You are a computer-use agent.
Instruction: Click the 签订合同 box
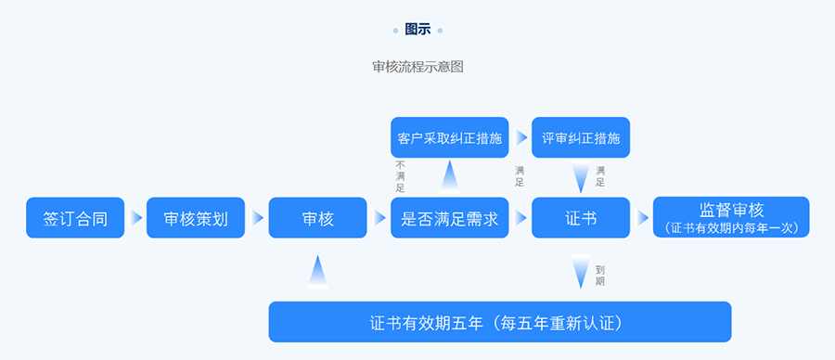[75, 218]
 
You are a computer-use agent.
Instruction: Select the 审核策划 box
[196, 218]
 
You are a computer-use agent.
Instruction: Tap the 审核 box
[317, 218]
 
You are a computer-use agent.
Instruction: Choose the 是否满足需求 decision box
[449, 218]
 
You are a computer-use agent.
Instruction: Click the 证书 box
[581, 218]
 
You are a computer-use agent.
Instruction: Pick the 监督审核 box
[731, 218]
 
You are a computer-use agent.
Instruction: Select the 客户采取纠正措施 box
[449, 137]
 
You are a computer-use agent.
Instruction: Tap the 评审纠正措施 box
[581, 137]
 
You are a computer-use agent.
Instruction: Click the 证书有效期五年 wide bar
[500, 322]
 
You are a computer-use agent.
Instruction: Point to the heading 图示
[417, 30]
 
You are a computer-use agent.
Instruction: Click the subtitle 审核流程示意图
[417, 67]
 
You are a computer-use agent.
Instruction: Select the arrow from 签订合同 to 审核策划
[136, 218]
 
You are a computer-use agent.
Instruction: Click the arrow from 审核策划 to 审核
[257, 218]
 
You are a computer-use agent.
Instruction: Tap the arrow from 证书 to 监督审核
[642, 218]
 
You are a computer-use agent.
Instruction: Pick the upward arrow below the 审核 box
[317, 271]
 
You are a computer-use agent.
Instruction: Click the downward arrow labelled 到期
[581, 271]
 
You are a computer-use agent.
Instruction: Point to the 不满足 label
[401, 175]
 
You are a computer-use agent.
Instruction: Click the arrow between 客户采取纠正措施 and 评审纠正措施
[520, 137]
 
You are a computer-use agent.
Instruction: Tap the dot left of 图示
[395, 31]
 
